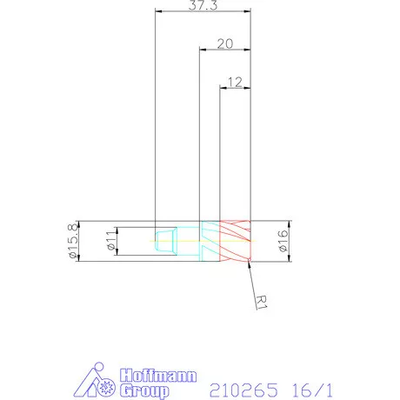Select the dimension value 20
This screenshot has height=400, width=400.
[224, 43]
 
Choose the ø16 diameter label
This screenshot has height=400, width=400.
[283, 241]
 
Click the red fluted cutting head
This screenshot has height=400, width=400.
[235, 241]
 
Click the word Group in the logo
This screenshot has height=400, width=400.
[138, 390]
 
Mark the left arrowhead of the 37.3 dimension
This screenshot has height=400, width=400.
[157, 12]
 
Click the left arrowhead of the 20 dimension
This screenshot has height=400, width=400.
[203, 50]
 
